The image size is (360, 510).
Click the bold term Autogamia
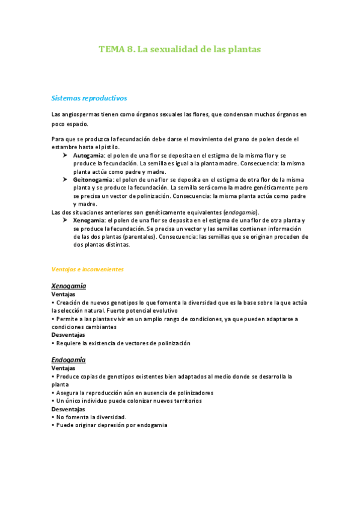[89, 155]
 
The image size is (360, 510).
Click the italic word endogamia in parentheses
[240, 212]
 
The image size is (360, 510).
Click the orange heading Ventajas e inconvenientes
[88, 269]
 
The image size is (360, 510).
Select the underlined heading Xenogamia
[69, 286]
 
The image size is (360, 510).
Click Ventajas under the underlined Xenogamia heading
[64, 295]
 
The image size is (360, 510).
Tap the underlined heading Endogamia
[69, 360]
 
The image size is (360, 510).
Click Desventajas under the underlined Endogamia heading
[68, 409]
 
